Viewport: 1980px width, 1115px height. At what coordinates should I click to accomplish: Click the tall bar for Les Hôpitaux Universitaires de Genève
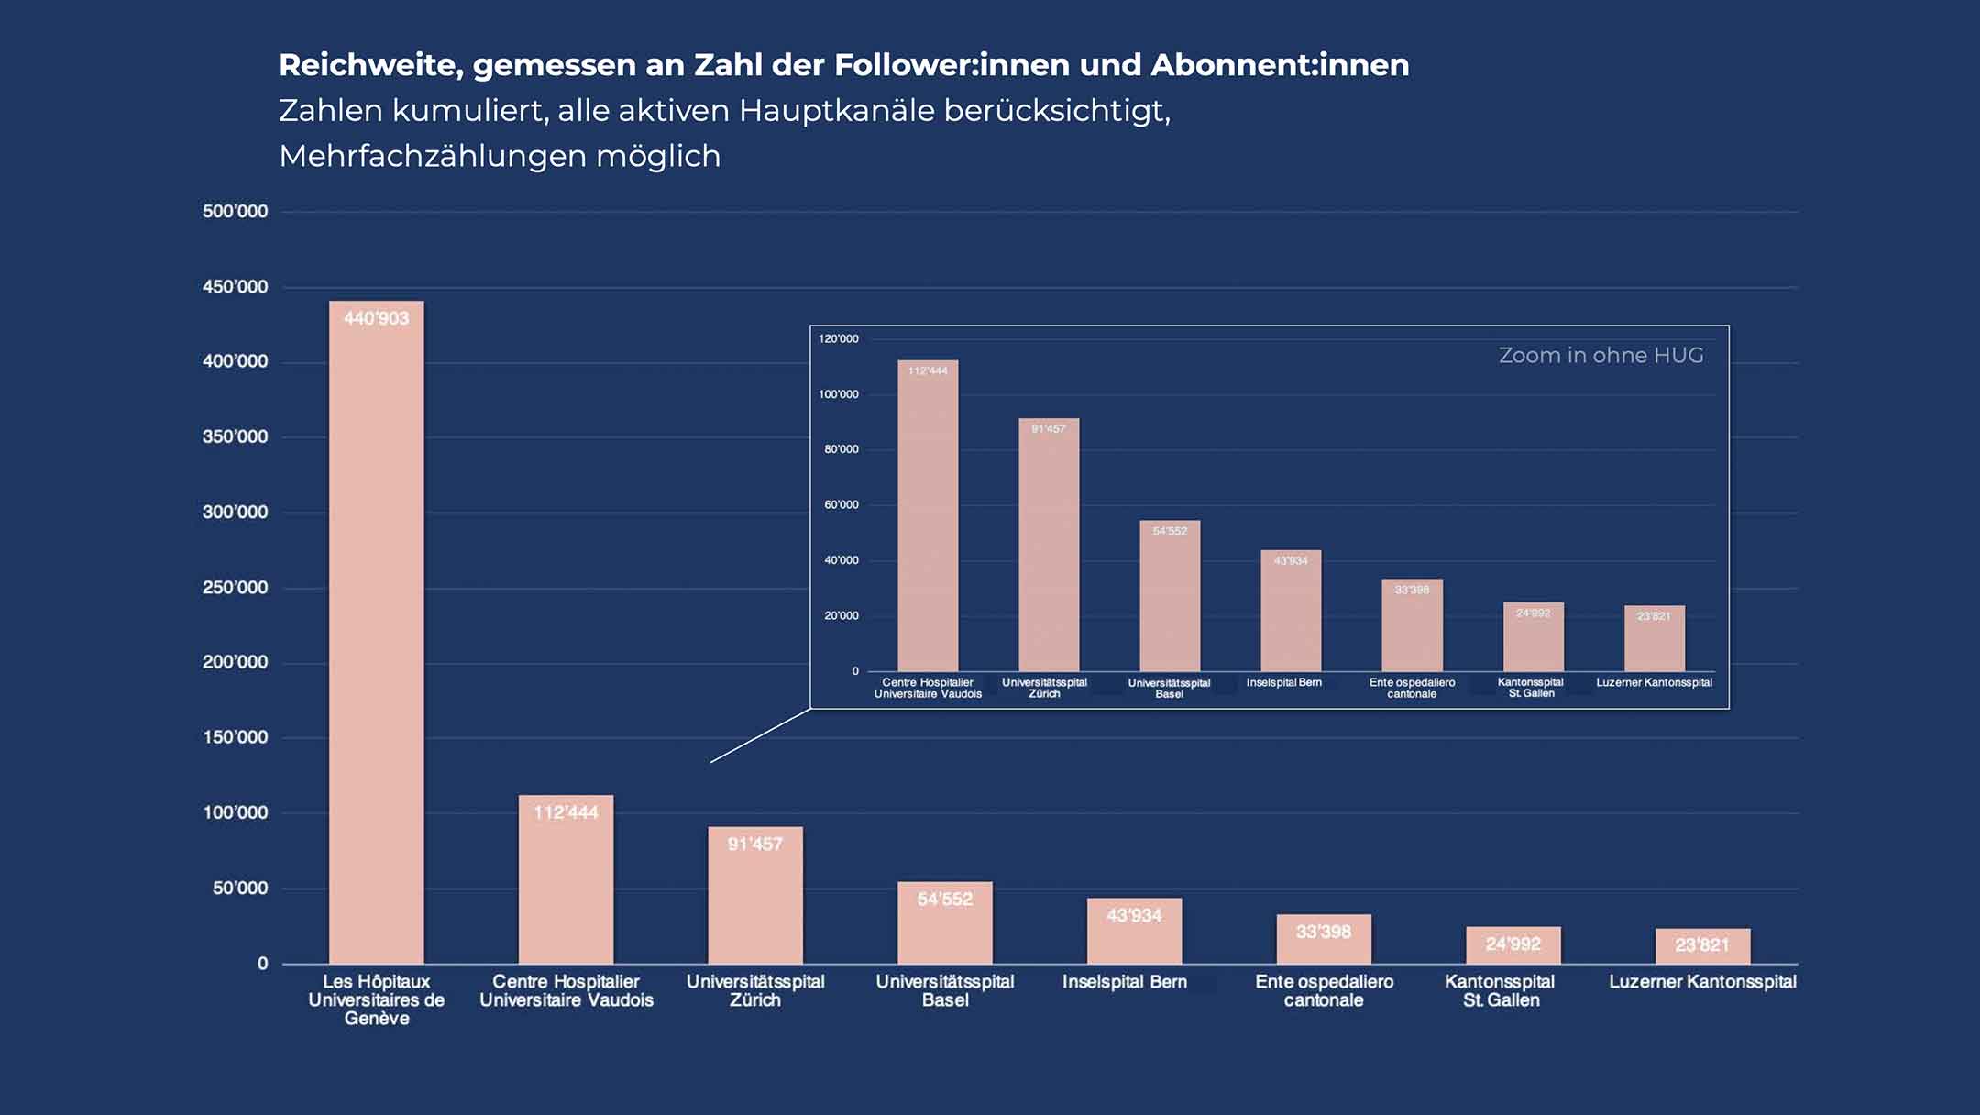click(x=376, y=642)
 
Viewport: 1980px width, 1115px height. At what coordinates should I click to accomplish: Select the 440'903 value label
click(x=376, y=318)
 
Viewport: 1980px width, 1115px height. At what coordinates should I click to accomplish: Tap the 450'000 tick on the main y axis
click(x=235, y=287)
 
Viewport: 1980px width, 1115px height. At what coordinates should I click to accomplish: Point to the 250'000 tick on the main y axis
click(x=235, y=588)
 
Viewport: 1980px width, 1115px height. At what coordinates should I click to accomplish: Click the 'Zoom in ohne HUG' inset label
click(x=1600, y=356)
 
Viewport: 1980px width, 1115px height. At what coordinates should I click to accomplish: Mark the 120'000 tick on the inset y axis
click(x=838, y=339)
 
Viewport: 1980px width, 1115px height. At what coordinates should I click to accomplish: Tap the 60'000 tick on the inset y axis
click(x=841, y=505)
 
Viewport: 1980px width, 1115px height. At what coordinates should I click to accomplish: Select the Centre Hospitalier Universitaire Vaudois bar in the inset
click(x=928, y=523)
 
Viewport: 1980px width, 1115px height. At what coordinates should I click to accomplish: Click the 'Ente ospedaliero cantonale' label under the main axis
click(x=1324, y=990)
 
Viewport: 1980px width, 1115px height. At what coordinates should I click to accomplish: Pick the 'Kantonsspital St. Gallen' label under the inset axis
click(x=1531, y=688)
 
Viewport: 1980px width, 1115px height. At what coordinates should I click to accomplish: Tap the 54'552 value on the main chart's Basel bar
click(x=944, y=900)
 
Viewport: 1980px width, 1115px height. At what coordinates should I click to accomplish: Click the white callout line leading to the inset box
click(x=760, y=735)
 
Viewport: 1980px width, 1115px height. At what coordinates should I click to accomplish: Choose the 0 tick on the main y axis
click(x=262, y=964)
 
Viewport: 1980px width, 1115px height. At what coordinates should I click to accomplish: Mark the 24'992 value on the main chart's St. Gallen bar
click(x=1512, y=944)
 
